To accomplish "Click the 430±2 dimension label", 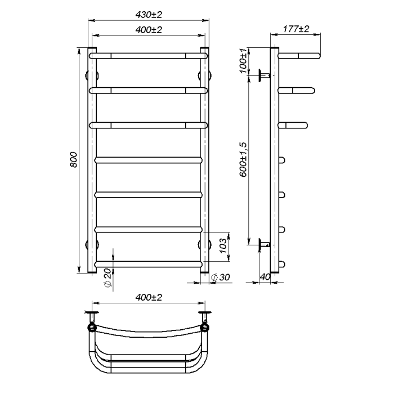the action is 149,15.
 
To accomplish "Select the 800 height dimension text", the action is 73,159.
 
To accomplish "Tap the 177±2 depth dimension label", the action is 296,29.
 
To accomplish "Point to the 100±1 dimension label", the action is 243,61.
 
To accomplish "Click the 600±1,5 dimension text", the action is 243,159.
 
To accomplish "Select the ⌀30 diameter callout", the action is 221,277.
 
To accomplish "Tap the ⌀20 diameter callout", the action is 107,278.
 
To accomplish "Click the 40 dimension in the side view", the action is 265,277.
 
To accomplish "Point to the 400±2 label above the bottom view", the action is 149,297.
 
